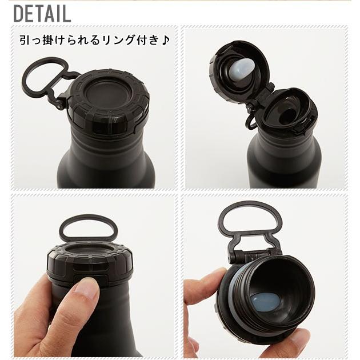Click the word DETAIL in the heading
[42, 13]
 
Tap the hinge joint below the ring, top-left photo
[59, 102]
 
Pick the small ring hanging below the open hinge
[251, 121]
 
